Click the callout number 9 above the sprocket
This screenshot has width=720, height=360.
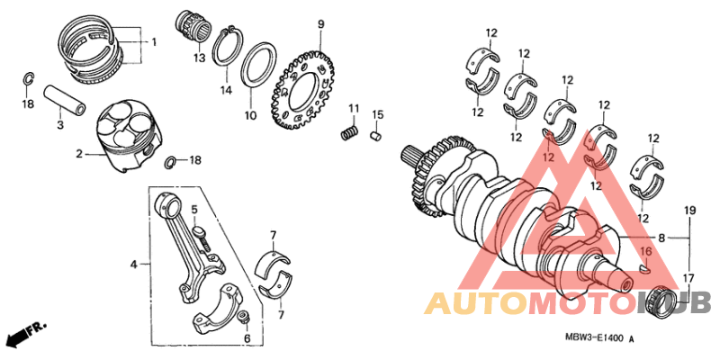click(319, 22)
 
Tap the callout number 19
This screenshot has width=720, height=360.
click(689, 211)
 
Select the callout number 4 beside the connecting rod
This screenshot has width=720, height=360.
click(134, 265)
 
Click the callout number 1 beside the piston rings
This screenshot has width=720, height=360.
click(153, 42)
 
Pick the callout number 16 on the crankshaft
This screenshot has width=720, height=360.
click(644, 251)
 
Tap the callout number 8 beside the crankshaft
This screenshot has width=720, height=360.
click(662, 239)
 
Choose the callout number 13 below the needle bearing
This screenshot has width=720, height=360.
click(199, 58)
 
